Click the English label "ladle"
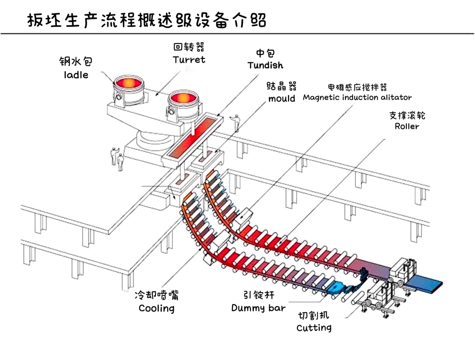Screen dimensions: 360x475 [x=76, y=75]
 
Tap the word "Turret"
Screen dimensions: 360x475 [x=189, y=59]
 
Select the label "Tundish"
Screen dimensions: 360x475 [x=265, y=65]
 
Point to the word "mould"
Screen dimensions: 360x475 [x=282, y=98]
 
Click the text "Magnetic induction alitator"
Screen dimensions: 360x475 [x=357, y=97]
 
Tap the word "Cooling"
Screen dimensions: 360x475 [x=156, y=308]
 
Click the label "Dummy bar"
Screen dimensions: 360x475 [x=258, y=308]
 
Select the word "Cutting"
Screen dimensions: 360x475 [x=314, y=327]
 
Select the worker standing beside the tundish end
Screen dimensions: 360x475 [x=237, y=122]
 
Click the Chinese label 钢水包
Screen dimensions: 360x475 [x=76, y=61]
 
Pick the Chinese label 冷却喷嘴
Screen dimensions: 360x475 [x=156, y=295]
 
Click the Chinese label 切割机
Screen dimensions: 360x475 [x=313, y=315]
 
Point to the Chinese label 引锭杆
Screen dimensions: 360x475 [x=258, y=295]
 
